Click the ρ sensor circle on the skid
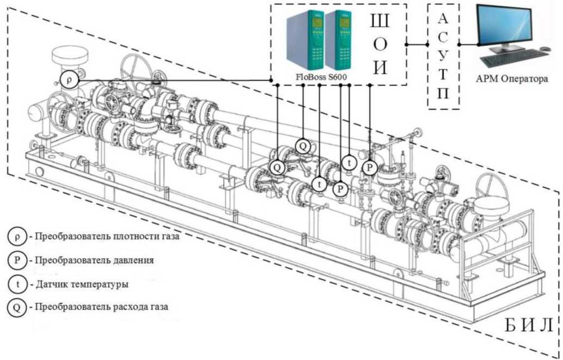pyautogui.click(x=69, y=80)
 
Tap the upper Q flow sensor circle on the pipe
pyautogui.click(x=303, y=146)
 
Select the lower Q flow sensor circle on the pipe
pyautogui.click(x=278, y=167)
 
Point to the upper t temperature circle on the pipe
pyautogui.click(x=349, y=162)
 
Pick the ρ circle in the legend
pyautogui.click(x=17, y=236)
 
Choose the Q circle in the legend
pyautogui.click(x=17, y=307)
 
